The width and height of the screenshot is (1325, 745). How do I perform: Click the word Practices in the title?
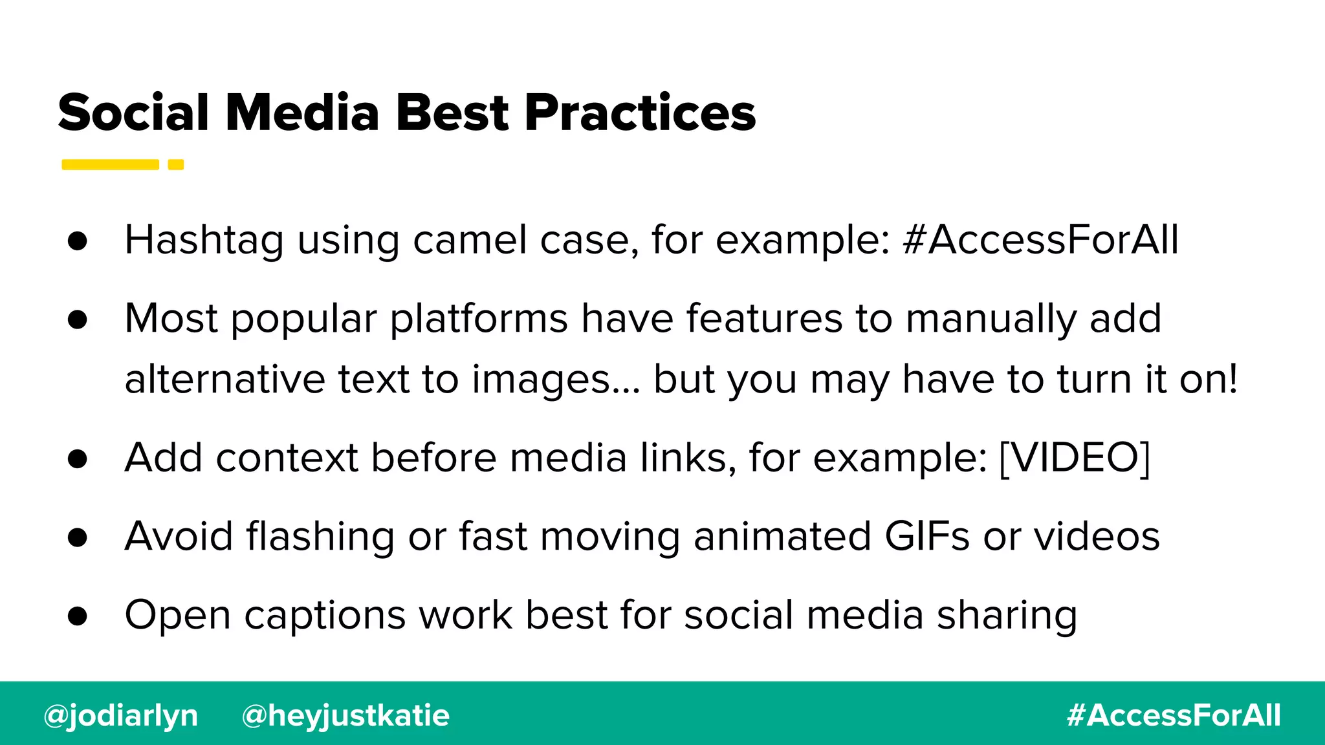639,113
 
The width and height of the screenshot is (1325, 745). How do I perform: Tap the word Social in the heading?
133,113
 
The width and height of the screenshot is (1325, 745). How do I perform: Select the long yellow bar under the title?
110,164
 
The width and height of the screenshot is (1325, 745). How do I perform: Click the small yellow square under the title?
176,164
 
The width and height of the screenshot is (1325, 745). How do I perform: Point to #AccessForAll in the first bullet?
1040,240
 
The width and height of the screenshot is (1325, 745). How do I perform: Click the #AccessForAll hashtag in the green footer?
1174,715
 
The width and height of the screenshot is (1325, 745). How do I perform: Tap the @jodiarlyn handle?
120,715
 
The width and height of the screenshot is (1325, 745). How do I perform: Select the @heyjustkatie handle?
345,715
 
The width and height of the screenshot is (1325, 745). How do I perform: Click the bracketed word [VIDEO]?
1074,458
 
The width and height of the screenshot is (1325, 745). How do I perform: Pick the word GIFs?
926,536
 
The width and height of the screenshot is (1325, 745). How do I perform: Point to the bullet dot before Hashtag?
77,241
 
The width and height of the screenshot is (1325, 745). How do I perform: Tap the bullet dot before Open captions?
77,616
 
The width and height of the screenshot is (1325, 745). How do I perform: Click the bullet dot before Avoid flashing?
77,537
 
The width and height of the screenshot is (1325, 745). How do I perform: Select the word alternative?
224,379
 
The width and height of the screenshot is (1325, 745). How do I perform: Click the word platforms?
479,319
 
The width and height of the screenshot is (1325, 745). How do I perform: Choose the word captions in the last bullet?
325,616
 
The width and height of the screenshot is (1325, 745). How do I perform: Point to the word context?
287,458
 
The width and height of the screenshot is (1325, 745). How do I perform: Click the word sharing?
1007,616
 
